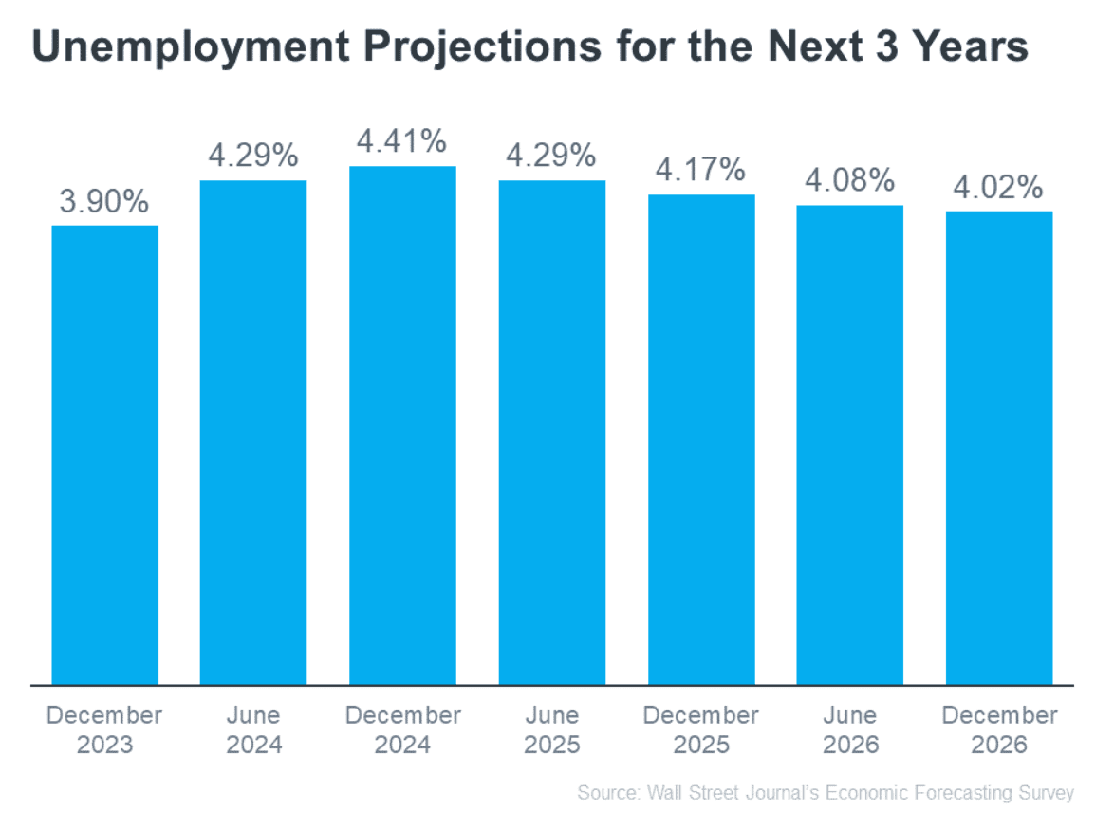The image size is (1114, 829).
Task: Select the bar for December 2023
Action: (105, 454)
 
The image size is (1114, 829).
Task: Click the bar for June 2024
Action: (253, 432)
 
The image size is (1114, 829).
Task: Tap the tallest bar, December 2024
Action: (402, 425)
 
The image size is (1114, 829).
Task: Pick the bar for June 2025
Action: (552, 432)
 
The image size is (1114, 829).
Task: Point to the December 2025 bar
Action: (701, 439)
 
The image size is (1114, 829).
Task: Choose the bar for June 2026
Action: (849, 444)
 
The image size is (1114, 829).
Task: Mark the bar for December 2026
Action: (999, 447)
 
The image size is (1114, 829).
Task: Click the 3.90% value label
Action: (105, 202)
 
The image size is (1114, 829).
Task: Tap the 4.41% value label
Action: (402, 142)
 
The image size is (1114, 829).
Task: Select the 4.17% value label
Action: (701, 171)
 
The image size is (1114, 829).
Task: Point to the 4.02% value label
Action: (999, 188)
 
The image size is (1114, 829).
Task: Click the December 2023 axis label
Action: (105, 729)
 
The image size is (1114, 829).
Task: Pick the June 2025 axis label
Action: (552, 729)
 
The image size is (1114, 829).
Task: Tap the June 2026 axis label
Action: (849, 729)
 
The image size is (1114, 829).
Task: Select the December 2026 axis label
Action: (999, 729)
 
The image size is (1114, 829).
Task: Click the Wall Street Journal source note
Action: (826, 793)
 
